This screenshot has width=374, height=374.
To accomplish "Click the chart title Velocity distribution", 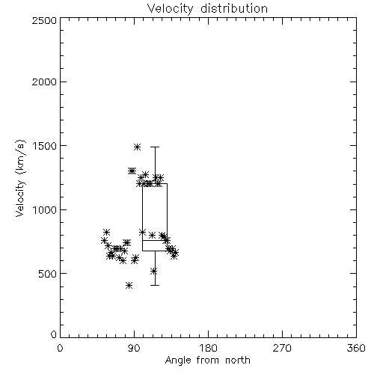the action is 207,8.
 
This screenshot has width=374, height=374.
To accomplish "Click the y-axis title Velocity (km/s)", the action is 20,178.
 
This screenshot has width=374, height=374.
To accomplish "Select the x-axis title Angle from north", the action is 207,361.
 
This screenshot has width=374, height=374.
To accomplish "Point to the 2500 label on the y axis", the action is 44,20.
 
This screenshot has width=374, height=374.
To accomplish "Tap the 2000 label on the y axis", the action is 44,82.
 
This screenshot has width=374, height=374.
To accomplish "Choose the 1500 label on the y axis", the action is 44,146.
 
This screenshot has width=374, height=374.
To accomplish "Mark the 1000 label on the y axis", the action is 44,209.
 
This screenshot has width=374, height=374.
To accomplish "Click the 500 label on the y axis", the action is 47,274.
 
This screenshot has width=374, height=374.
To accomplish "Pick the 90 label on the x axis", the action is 134,348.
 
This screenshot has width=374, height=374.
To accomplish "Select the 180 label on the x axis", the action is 208,348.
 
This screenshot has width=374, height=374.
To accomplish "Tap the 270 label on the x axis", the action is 282,348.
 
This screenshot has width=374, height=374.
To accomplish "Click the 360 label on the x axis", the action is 356,348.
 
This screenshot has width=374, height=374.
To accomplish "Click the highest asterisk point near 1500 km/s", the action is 137,147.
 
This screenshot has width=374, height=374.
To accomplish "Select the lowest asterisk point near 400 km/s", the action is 129,286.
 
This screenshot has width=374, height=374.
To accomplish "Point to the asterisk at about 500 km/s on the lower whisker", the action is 154,272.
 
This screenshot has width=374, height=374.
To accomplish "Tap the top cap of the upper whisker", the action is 155,147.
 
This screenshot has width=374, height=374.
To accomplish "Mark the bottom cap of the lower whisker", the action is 155,285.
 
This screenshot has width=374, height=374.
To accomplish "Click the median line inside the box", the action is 155,240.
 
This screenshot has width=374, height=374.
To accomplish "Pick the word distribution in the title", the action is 234,8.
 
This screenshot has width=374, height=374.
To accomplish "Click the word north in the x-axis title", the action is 238,361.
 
